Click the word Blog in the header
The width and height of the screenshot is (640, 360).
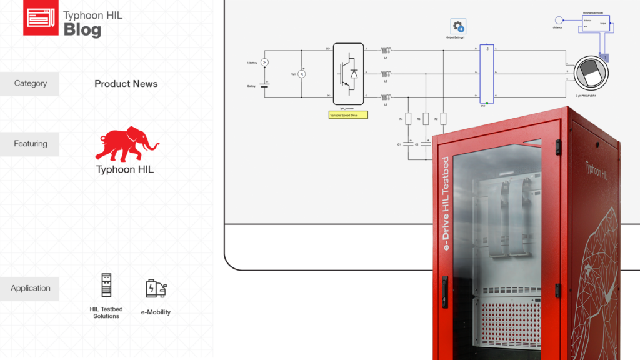pos(82,29)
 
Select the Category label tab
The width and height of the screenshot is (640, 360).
pos(30,84)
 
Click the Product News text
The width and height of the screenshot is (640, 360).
pos(126,84)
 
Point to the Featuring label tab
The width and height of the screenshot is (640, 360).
pos(30,144)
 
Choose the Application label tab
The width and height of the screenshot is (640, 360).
pos(30,289)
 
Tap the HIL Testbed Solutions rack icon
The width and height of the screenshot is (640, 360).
pos(106,285)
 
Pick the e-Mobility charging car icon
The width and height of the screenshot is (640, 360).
pos(156,289)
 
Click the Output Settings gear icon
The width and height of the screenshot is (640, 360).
pos(459,26)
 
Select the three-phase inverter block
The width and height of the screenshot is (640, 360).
pos(348,73)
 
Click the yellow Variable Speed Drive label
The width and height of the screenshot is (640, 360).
pos(348,115)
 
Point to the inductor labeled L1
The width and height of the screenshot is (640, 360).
pos(386,50)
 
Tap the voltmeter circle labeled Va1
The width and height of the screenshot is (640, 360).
pos(302,74)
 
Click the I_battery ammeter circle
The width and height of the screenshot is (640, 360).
pos(264,62)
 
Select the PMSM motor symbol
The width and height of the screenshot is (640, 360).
pos(591,73)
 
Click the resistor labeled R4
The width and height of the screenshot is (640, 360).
pos(408,119)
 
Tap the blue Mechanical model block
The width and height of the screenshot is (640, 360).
pos(596,26)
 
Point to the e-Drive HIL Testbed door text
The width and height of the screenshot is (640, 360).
pos(446,203)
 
